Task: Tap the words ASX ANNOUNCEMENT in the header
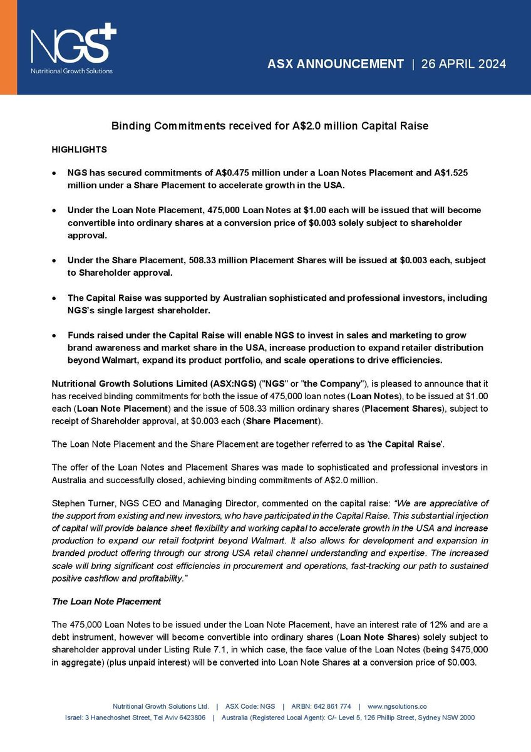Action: click(x=336, y=64)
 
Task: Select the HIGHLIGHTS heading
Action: click(x=79, y=150)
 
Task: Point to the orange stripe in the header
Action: click(x=8, y=47)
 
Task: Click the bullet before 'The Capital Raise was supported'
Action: click(x=56, y=298)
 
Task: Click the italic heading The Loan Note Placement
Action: click(x=106, y=601)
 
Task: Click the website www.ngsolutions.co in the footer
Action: click(x=397, y=706)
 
